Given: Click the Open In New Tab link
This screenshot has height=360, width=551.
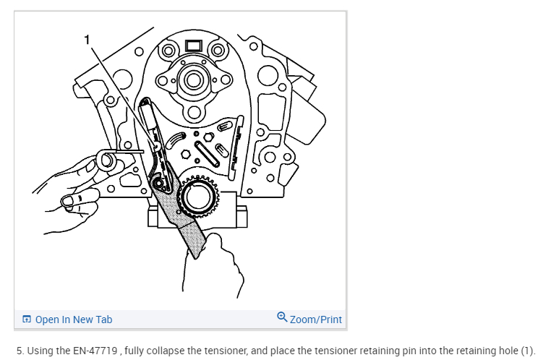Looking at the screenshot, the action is (74, 320).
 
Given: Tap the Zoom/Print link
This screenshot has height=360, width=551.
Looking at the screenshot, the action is (315, 319).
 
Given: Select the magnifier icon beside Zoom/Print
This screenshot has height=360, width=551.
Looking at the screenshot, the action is (282, 318).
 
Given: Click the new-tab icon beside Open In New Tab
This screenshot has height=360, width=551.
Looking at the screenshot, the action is (27, 320).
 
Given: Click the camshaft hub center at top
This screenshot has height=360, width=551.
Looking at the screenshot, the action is (193, 80).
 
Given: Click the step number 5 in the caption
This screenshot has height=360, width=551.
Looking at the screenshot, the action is (20, 351).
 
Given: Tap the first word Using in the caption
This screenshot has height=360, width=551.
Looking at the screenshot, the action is (38, 351).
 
